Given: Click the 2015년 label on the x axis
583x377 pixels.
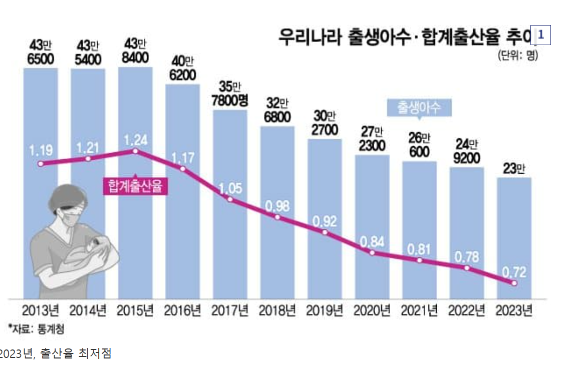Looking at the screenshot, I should click(x=135, y=311).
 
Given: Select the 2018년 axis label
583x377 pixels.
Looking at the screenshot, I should click(x=277, y=311).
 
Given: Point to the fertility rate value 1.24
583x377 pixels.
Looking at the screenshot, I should click(x=135, y=140).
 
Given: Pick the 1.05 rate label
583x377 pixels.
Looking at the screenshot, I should click(x=230, y=188).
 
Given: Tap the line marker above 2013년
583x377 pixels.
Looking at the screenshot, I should click(x=41, y=164).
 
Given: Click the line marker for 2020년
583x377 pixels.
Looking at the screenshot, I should click(x=372, y=253).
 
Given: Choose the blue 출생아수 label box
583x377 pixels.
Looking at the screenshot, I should click(x=419, y=108).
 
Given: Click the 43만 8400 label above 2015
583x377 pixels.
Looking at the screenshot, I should click(x=135, y=52).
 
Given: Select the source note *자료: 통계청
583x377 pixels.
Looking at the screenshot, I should click(x=36, y=329).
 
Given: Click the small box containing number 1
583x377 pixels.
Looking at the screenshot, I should click(x=540, y=35).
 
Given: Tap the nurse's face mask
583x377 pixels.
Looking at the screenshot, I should click(x=73, y=216).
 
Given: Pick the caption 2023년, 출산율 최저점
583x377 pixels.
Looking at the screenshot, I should click(x=55, y=353).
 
